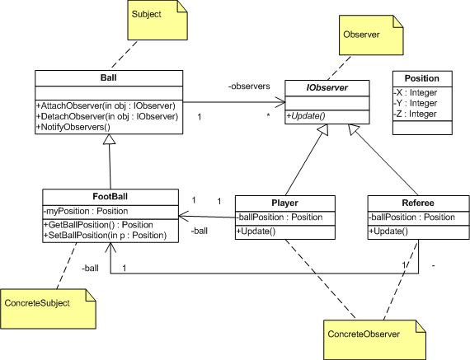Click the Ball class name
(x=108, y=78)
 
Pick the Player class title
(x=285, y=202)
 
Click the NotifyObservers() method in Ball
(x=73, y=128)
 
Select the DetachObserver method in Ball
(x=108, y=116)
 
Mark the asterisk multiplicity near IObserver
(x=268, y=118)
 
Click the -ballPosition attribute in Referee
(x=410, y=217)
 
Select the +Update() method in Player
(x=255, y=231)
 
